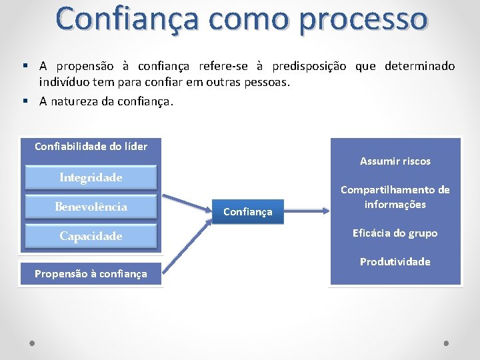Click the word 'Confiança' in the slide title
point(126,19)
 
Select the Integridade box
point(91,177)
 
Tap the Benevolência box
point(91,207)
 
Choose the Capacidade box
point(91,236)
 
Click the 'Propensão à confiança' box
point(91,273)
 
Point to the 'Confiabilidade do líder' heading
point(91,146)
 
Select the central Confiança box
point(247,211)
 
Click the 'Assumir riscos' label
point(395,161)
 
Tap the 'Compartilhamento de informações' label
point(395,197)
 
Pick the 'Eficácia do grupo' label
point(395,233)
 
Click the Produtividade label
point(395,262)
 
